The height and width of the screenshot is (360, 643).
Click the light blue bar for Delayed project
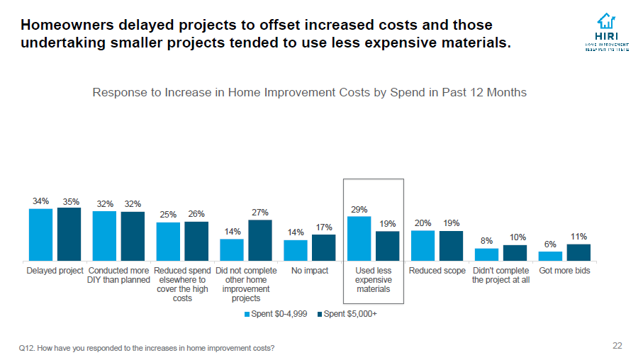point(40,235)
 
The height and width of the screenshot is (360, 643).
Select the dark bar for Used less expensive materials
point(387,246)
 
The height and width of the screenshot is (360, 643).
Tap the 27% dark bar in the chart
point(260,240)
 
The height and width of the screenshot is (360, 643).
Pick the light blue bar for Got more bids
point(550,256)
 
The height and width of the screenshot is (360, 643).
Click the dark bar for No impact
point(323,247)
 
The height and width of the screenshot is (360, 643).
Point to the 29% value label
point(359,209)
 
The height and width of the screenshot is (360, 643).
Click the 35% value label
point(69,201)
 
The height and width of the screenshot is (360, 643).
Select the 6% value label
point(550,244)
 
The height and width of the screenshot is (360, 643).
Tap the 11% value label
point(578,237)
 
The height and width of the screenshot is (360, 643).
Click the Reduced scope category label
point(437,271)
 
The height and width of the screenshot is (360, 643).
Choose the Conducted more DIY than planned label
point(118,275)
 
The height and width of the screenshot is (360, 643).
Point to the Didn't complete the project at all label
point(501,275)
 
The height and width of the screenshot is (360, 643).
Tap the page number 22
point(617,346)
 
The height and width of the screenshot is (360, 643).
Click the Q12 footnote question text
point(147,348)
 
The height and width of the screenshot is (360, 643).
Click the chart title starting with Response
point(310,93)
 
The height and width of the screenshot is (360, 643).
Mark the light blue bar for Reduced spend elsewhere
point(168,241)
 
